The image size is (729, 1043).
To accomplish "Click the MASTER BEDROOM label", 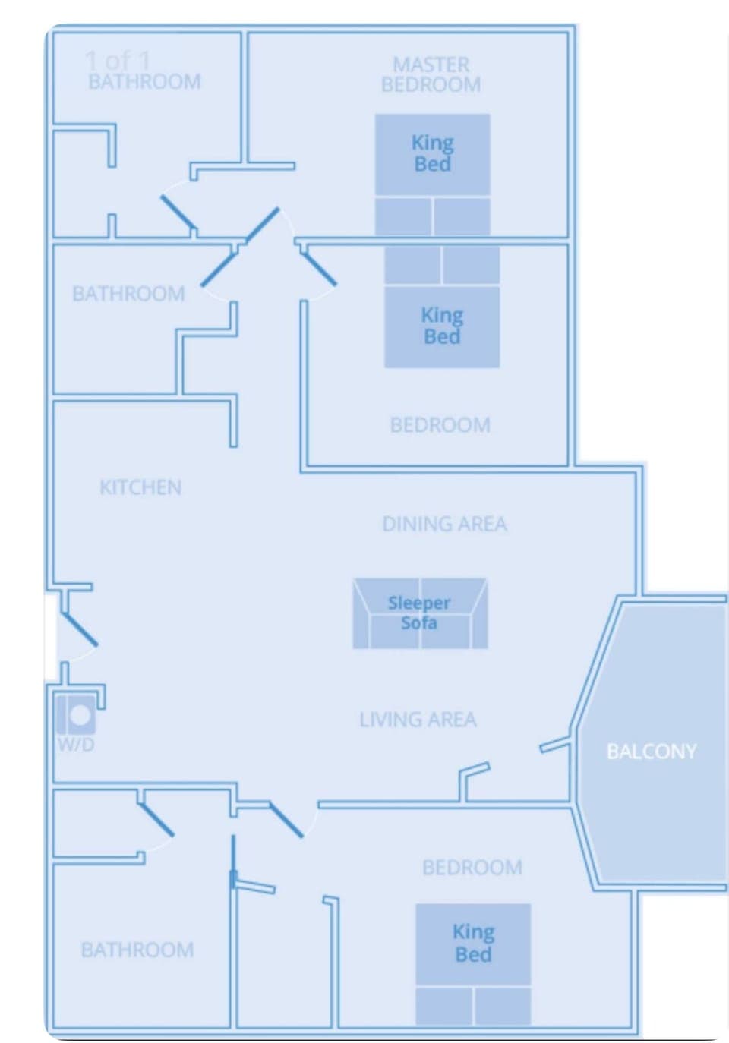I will coord(431,74).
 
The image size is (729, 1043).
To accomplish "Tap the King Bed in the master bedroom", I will coord(432,154).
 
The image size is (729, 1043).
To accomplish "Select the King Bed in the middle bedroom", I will coord(442,326).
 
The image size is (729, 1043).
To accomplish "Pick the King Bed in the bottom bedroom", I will coord(473,943).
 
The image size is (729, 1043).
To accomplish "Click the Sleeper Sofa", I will coord(419,613).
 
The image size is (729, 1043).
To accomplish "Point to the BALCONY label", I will coord(651,752).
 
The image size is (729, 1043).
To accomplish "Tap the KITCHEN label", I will coord(140,487).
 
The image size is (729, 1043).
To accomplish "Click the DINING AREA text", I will coord(444,524).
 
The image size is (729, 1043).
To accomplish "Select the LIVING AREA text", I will coord(418,720).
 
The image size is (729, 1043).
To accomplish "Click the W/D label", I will coord(76,745).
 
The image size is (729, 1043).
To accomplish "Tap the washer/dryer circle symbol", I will coord(79,715).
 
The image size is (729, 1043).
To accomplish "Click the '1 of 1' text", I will coord(118,60).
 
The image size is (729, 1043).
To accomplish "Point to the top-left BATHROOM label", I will coord(144,82).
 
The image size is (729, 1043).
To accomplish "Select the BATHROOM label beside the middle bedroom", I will coord(128,294).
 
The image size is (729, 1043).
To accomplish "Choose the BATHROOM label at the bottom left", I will coord(137,950).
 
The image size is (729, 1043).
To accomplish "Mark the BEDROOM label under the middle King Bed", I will coord(440,424).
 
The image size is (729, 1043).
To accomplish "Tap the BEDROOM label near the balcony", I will coord(472,867).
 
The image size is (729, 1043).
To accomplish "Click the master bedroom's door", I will coord(262,225).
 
